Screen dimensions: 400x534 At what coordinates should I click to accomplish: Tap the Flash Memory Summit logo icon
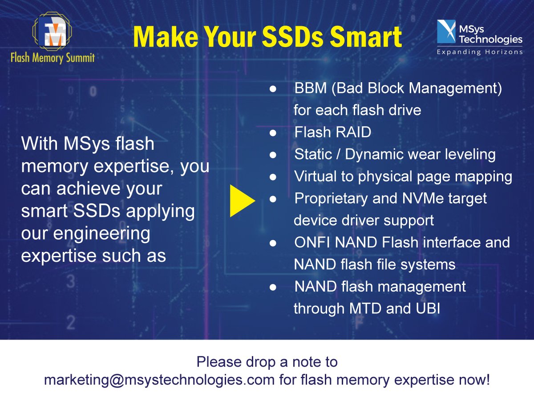(53, 32)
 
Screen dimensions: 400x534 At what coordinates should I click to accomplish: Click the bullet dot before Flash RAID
(273, 133)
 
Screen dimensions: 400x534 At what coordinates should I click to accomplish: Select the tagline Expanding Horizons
(480, 52)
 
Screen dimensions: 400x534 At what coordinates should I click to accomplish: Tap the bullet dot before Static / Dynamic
(273, 155)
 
